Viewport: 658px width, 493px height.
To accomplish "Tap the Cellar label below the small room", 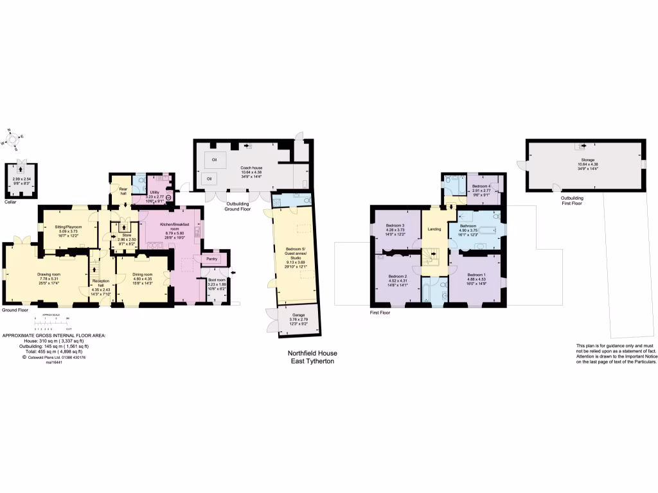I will click(10, 202).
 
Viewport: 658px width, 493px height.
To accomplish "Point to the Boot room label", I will click(217, 280).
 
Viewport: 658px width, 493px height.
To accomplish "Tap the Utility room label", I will click(154, 192).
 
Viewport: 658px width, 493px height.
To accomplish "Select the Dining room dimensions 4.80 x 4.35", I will click(142, 279).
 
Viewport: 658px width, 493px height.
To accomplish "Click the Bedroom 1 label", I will click(477, 275).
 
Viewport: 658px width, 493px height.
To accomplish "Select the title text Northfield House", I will click(312, 353).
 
